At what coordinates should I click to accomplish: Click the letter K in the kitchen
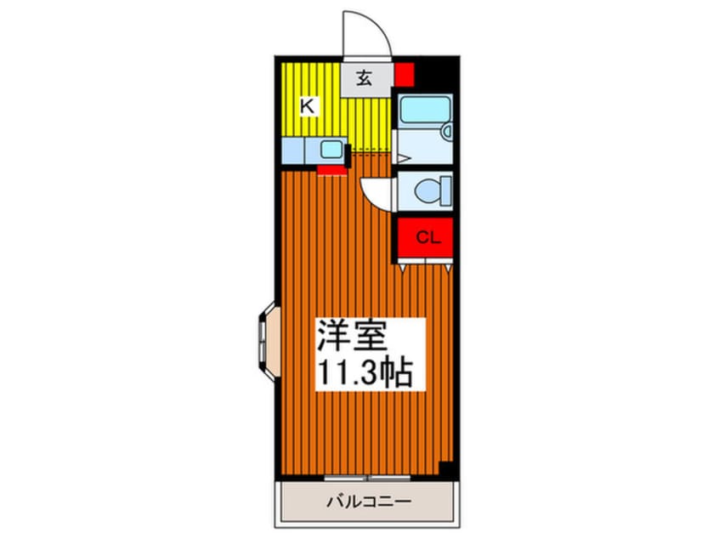click(309, 106)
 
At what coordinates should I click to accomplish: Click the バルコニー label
click(369, 502)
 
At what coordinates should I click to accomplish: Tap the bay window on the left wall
click(264, 339)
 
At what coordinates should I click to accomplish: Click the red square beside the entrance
click(405, 74)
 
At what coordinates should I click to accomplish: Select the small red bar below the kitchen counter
click(331, 169)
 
